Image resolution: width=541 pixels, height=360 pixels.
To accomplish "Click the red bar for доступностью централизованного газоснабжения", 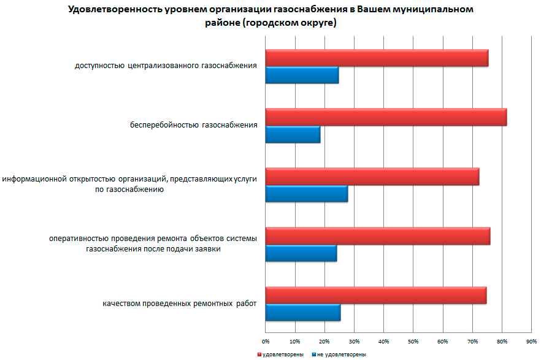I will (377, 58).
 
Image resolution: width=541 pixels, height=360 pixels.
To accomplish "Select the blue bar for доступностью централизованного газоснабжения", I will (302, 75).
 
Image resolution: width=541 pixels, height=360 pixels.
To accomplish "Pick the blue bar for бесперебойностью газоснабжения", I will (293, 134).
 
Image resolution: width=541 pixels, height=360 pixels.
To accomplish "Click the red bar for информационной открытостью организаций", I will (372, 177).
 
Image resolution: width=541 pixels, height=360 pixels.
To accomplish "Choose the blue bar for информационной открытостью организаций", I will (306, 194).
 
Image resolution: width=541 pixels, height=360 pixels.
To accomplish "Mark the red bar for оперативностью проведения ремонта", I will (377, 236).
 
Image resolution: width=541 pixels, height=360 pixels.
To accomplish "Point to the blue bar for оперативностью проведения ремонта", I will (301, 253).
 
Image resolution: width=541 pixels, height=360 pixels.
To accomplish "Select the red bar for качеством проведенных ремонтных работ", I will (375, 296).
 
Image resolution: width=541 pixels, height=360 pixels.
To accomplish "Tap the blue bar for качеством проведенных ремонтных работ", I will (302, 313).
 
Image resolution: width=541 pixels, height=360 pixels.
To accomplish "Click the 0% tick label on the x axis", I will (266, 340).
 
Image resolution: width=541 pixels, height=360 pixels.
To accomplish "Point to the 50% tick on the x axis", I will (413, 340).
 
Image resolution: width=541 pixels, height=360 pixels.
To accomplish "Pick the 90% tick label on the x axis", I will (531, 340).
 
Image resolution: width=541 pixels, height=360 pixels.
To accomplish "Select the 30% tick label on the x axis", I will (354, 340).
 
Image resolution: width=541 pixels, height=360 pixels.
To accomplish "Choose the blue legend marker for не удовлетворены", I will (313, 354).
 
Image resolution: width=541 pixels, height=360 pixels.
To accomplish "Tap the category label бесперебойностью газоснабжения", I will (193, 126).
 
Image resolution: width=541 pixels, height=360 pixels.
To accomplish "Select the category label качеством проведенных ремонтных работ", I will (180, 304).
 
